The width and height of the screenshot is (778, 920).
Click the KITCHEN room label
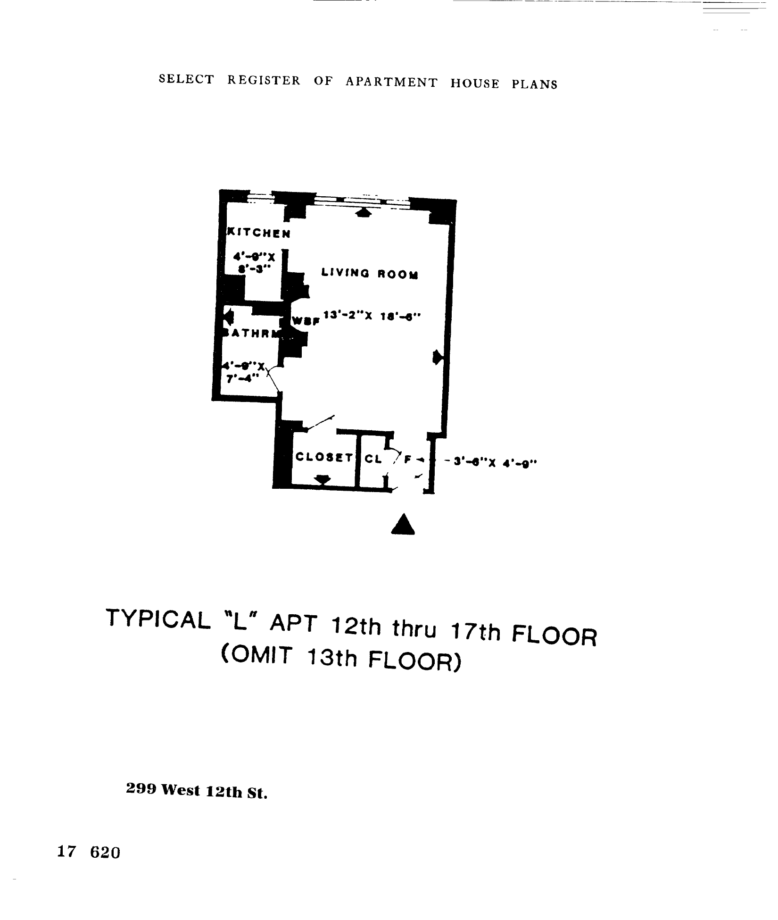[x=259, y=233]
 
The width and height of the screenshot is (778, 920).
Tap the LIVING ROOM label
[x=370, y=273]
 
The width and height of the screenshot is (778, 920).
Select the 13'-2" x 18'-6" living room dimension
[x=371, y=317]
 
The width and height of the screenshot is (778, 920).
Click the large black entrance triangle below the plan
[x=403, y=525]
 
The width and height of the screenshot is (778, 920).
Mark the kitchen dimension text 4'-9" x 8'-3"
[x=254, y=262]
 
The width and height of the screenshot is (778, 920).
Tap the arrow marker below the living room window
[x=363, y=213]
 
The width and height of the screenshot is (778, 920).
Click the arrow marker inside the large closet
[x=323, y=480]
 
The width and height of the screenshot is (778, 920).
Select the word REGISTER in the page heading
[x=264, y=80]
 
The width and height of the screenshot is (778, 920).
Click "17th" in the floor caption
[x=476, y=632]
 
